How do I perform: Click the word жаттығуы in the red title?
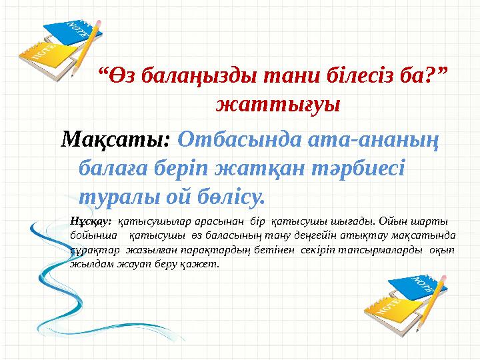pyautogui.click(x=278, y=105)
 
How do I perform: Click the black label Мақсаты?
pyautogui.click(x=116, y=140)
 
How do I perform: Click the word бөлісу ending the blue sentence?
pyautogui.click(x=228, y=197)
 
